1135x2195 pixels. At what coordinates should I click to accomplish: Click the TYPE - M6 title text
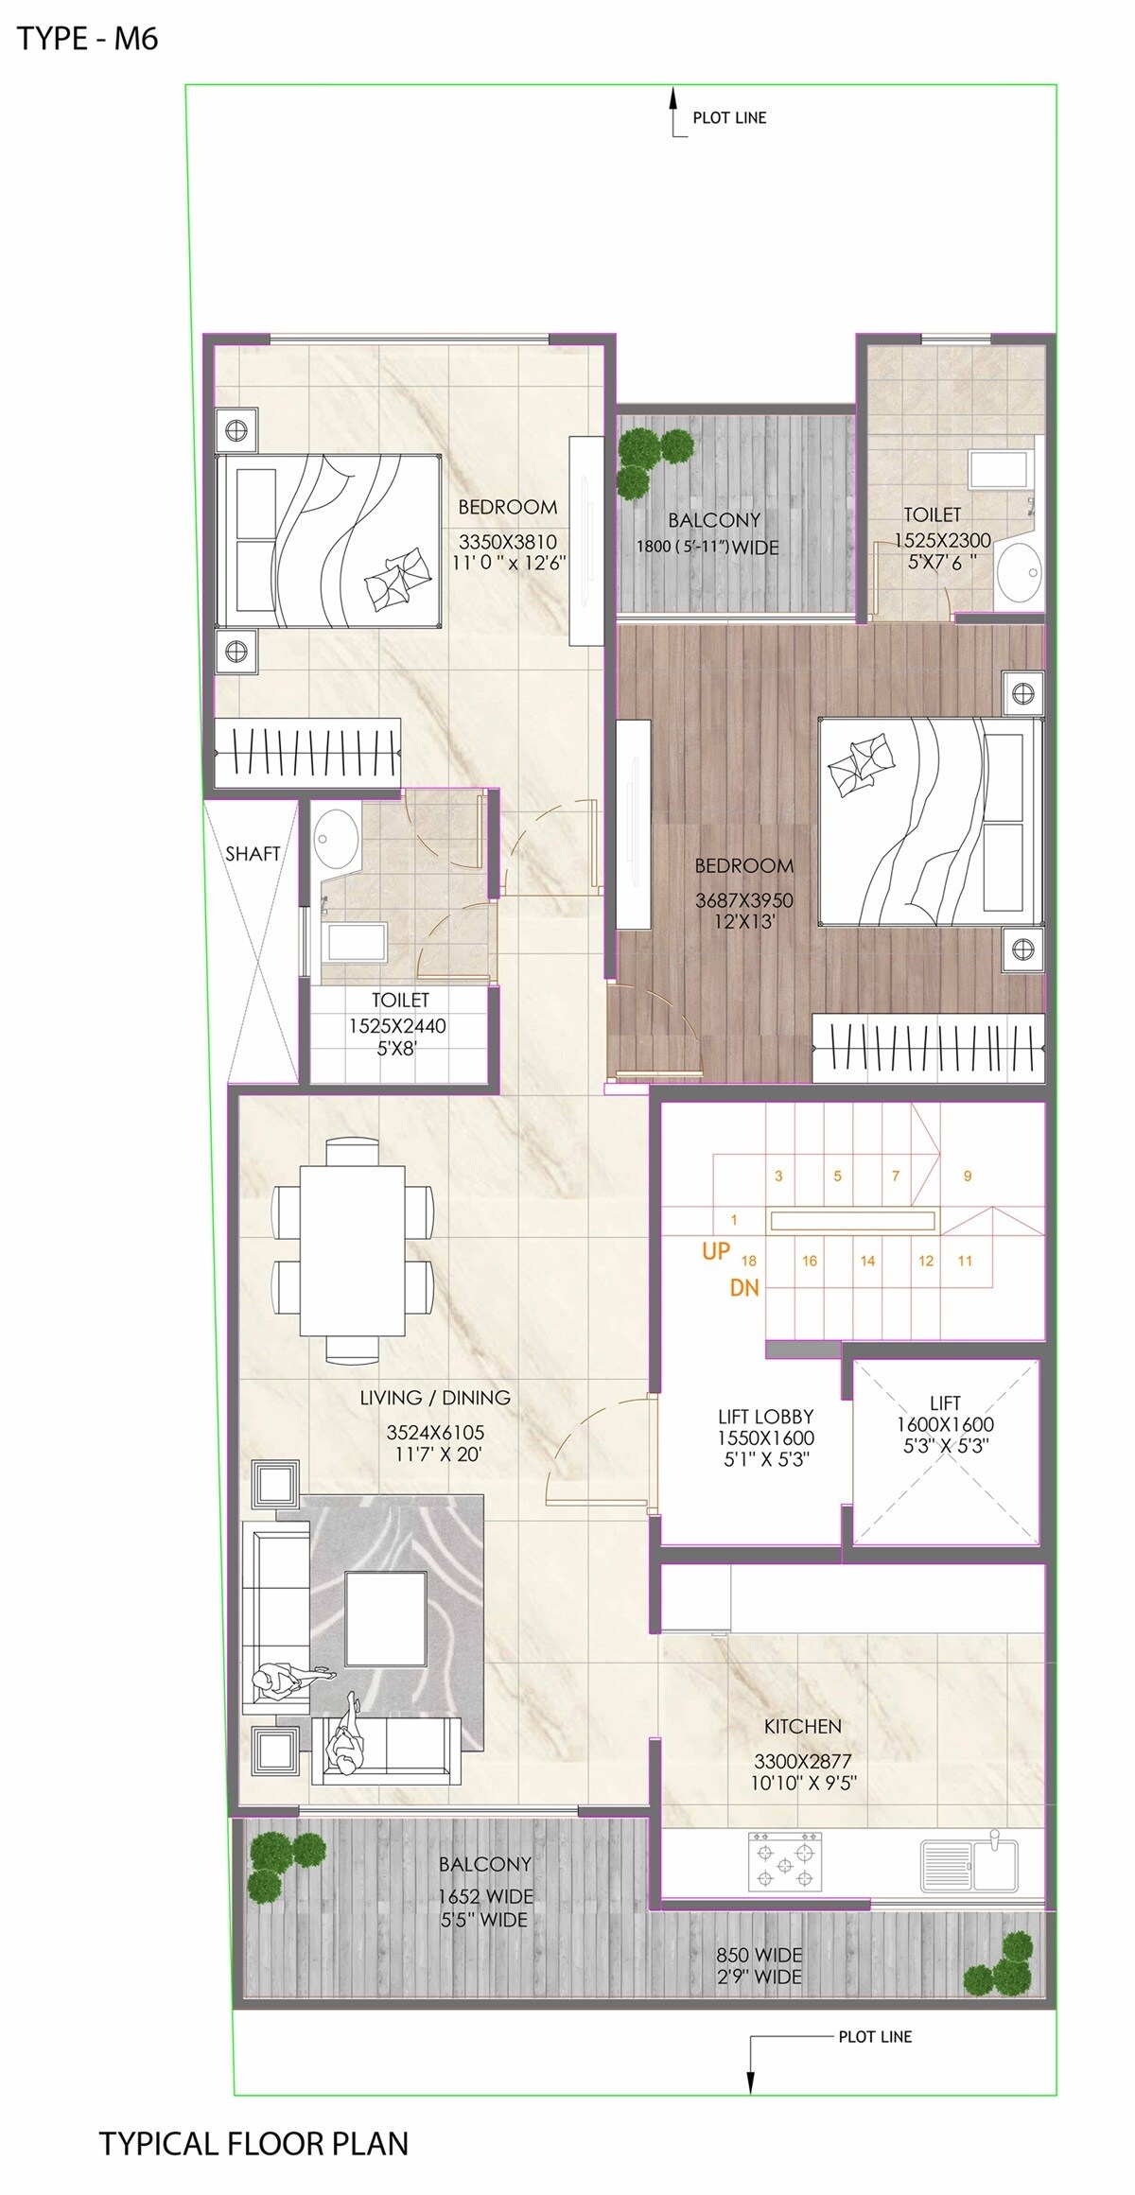(x=87, y=39)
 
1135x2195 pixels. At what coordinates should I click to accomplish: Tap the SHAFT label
(x=253, y=854)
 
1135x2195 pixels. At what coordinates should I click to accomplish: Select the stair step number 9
(x=968, y=1176)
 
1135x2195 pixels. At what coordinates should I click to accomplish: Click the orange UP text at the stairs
(x=716, y=1251)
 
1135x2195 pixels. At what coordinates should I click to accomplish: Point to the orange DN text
(x=744, y=1288)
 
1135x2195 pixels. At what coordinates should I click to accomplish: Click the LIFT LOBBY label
(x=765, y=1417)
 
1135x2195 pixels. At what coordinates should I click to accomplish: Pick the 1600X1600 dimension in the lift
(x=945, y=1424)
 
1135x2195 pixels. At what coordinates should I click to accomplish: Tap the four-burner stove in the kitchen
(x=785, y=1861)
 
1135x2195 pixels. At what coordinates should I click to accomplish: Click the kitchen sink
(x=969, y=1859)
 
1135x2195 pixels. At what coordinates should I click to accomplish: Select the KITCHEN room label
(x=802, y=1727)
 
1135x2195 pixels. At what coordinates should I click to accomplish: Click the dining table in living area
(x=352, y=1250)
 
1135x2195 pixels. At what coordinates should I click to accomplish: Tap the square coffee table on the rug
(x=386, y=1618)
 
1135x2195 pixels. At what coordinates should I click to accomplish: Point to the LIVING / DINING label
(x=435, y=1398)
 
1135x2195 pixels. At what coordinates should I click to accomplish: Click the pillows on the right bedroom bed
(x=860, y=761)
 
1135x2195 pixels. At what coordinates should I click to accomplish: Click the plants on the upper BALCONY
(x=653, y=457)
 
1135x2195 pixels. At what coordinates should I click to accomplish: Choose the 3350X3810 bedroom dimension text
(x=507, y=543)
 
